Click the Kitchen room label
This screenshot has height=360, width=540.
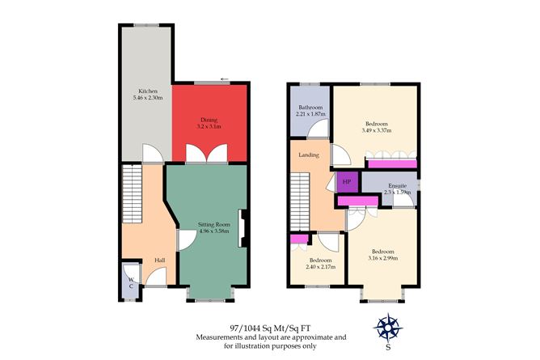(148, 91)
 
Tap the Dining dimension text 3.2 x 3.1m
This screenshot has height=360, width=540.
(209, 126)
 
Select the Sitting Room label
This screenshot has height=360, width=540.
(214, 225)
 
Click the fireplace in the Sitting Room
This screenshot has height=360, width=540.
(243, 228)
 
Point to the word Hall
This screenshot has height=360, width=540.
(159, 260)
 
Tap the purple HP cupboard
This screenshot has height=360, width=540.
(347, 181)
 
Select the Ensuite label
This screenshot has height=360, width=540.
(398, 186)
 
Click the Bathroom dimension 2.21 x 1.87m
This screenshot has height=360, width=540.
(310, 114)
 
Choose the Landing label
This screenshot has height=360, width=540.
(309, 155)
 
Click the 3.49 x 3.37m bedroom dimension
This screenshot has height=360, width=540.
(377, 130)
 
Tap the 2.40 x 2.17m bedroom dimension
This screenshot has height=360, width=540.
(321, 267)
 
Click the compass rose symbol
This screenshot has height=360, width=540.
(388, 328)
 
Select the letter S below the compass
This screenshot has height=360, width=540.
(388, 348)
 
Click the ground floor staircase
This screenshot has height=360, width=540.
(132, 194)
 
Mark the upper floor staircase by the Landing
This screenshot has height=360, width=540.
(300, 202)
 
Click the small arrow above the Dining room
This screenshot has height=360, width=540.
(225, 79)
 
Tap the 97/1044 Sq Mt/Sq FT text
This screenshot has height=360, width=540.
(270, 328)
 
